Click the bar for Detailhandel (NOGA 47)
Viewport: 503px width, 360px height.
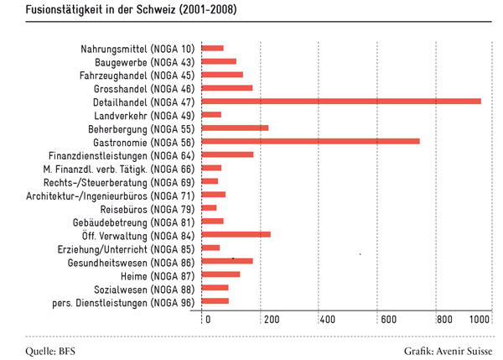click(x=341, y=102)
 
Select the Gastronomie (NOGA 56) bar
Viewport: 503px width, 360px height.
click(x=310, y=141)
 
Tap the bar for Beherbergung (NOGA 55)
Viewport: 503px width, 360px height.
click(x=235, y=128)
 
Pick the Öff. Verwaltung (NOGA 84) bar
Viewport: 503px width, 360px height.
click(x=236, y=234)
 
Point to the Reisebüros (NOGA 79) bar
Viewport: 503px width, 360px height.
click(x=209, y=208)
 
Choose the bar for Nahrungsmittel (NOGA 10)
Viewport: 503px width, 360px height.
click(x=213, y=48)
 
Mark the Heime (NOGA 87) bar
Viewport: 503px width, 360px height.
click(x=220, y=274)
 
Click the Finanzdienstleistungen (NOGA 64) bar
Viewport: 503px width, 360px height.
click(x=227, y=154)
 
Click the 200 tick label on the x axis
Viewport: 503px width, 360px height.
click(x=272, y=320)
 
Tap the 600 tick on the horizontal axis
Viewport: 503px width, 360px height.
click(x=389, y=320)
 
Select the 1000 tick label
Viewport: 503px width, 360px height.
click(x=480, y=320)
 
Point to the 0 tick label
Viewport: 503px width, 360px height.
click(x=208, y=320)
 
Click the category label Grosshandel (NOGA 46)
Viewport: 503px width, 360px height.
click(x=144, y=89)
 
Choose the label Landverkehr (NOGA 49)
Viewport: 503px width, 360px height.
click(x=144, y=116)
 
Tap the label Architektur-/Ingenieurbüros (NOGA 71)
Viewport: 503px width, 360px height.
click(x=111, y=196)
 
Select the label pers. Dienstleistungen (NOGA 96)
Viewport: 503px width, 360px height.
click(x=123, y=303)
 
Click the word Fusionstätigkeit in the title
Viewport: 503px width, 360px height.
click(x=69, y=9)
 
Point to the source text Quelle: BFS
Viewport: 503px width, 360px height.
click(x=50, y=351)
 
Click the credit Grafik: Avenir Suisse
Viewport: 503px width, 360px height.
click(x=449, y=351)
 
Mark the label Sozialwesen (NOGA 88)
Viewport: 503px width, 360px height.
click(x=144, y=290)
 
